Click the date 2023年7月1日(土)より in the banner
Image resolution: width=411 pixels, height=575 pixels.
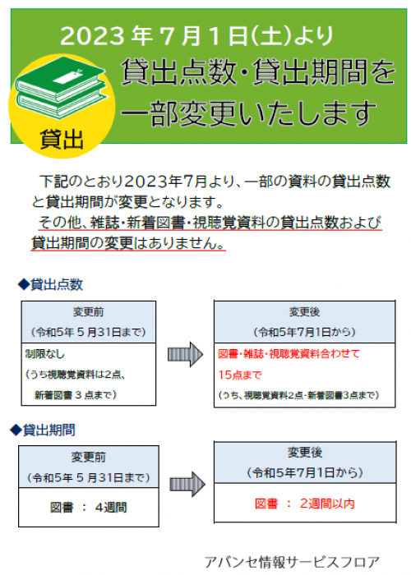pos(196,36)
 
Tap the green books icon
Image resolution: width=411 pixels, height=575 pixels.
pos(61,87)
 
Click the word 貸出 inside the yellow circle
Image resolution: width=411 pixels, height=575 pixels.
pos(62,140)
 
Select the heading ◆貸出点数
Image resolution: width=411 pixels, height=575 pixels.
pos(51,284)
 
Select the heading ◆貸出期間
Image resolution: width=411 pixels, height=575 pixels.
pos(43,430)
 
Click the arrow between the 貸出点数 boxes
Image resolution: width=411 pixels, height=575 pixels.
pos(185,354)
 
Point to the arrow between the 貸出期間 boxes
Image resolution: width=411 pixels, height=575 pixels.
pos(187,484)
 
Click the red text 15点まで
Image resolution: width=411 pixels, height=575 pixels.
pos(240,375)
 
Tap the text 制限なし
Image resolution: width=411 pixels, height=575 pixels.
pos(44,353)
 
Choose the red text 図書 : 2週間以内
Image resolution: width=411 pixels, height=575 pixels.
pos(305,504)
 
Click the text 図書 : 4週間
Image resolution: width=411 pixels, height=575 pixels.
pos(89,508)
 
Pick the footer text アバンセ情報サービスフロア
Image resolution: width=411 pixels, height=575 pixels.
pos(292,562)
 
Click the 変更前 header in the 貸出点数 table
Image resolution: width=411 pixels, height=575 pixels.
pos(89,311)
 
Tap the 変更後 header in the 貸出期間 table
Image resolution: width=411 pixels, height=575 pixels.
pos(305,452)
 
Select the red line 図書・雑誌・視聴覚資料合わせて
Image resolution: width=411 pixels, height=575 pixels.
pos(289,353)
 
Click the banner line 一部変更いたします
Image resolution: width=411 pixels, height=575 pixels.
pos(249,113)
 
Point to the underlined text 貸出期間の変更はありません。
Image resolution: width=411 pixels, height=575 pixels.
pos(128,243)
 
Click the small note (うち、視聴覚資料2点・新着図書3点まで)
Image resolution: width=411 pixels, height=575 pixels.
pos(298,395)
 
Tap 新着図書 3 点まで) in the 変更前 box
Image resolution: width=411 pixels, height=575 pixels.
pos(76,395)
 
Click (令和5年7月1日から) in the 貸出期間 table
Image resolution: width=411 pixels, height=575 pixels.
pos(305,472)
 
